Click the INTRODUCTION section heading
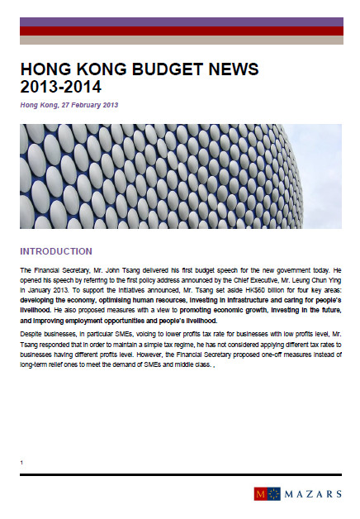click(56, 251)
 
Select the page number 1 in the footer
click(21, 462)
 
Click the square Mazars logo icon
click(262, 494)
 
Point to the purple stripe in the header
click(181, 21)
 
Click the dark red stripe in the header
click(181, 31)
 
